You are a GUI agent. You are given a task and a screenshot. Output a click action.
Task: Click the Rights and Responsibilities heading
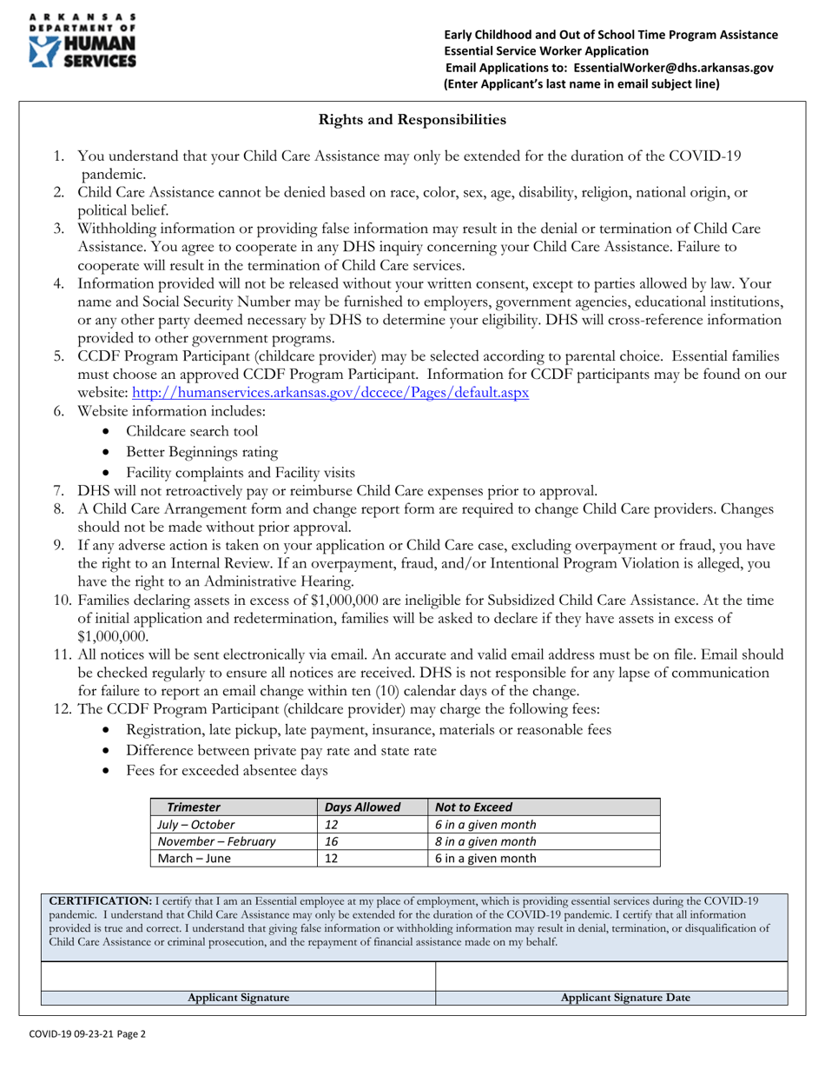click(x=412, y=119)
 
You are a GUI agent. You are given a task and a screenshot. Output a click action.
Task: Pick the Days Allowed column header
click(x=362, y=807)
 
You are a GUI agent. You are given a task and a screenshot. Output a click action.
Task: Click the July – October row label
click(x=195, y=825)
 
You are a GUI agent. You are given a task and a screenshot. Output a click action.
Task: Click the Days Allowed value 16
click(x=331, y=841)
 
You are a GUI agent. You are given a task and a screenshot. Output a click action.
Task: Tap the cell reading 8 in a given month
click(x=485, y=841)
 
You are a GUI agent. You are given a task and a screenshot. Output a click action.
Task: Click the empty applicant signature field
click(x=238, y=975)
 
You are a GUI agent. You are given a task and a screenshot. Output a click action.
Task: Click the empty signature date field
click(x=611, y=975)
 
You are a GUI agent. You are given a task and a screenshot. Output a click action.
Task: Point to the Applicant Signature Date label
click(x=625, y=998)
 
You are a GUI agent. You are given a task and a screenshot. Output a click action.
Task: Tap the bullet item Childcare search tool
click(x=191, y=431)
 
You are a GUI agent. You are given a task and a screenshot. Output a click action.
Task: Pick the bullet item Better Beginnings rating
click(x=201, y=452)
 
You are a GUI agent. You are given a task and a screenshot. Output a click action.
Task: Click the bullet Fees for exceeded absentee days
click(x=227, y=770)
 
